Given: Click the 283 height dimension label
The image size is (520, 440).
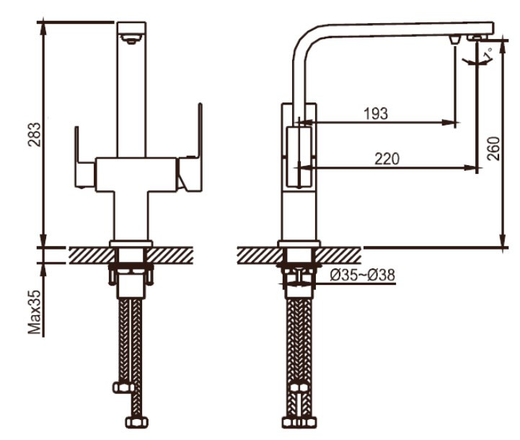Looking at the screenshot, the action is (x=35, y=135).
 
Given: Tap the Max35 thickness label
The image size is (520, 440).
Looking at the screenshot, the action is (x=35, y=312).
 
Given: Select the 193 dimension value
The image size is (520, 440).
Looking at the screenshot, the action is (x=376, y=114).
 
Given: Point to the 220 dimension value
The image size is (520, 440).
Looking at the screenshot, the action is (x=387, y=159).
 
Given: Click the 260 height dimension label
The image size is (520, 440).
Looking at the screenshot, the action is (x=493, y=148).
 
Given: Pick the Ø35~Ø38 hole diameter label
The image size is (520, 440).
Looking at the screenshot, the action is (x=363, y=275).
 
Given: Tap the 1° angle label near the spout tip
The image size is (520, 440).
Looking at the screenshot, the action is (x=487, y=54).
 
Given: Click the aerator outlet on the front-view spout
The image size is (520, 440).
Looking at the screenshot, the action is (x=132, y=39).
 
